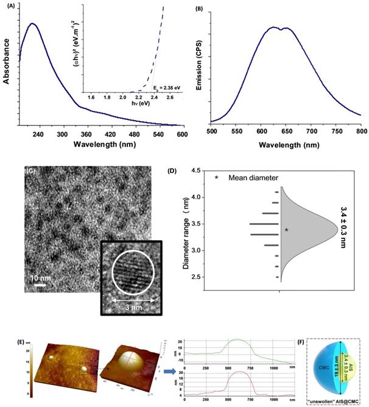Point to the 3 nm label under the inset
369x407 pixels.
(135, 310)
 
